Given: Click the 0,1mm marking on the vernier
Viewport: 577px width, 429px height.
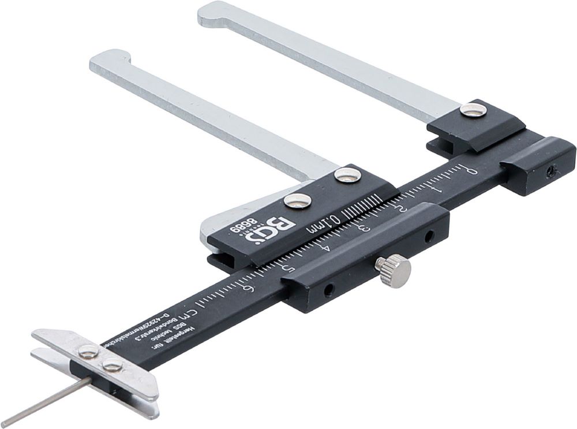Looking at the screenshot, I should coord(317,222).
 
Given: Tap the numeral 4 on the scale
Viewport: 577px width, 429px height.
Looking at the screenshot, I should coord(327,248).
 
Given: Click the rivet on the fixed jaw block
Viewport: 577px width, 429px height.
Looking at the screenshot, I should coord(473,110).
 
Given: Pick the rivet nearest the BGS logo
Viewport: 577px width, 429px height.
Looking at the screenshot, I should coord(298,201).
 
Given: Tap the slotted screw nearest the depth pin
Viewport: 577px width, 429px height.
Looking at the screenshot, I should coord(112,365).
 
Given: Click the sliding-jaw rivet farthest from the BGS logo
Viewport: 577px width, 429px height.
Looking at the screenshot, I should coord(348,175).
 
